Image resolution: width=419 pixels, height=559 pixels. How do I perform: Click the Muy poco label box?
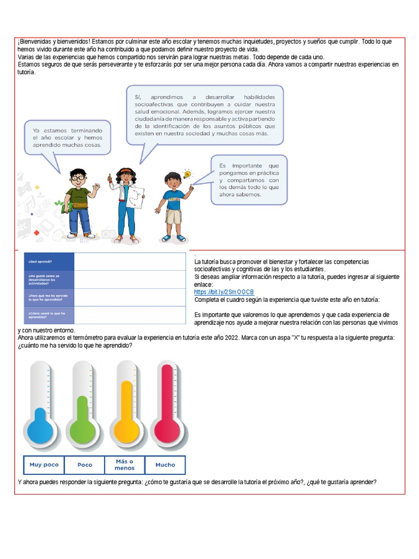[44, 465]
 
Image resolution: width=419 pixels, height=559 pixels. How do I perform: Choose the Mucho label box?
[165, 465]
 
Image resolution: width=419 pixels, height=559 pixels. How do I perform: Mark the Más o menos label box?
[124, 465]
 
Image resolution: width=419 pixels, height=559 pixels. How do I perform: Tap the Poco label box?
[85, 465]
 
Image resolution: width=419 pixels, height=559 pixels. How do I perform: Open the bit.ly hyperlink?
[224, 292]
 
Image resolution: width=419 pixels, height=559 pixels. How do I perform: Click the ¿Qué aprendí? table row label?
[49, 261]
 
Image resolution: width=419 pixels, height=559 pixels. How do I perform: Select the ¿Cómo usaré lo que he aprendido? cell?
[49, 315]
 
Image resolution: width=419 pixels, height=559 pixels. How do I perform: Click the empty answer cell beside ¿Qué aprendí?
[129, 261]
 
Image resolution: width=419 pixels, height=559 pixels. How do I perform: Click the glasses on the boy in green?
[79, 177]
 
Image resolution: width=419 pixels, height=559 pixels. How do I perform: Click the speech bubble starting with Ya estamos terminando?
[68, 139]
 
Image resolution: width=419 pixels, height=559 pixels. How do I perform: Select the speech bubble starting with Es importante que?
[248, 180]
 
